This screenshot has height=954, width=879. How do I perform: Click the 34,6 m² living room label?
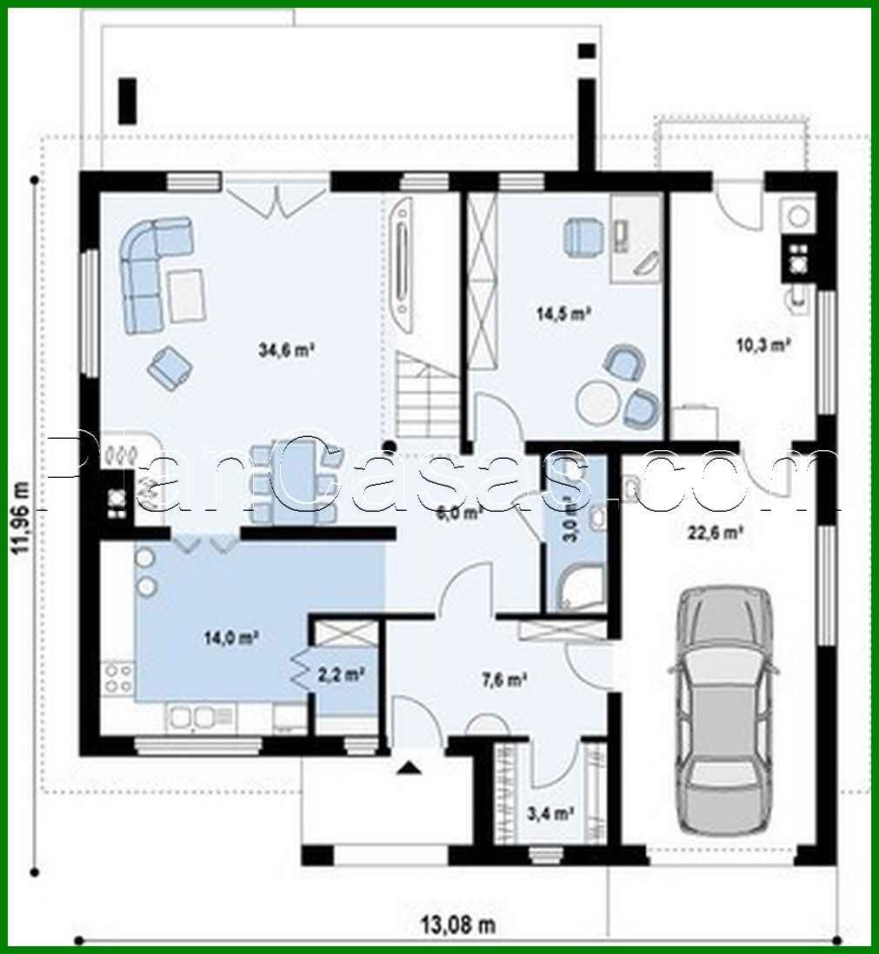pyautogui.click(x=286, y=350)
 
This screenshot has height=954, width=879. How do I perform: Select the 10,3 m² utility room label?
pyautogui.click(x=762, y=344)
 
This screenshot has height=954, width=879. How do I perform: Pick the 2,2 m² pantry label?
pyautogui.click(x=340, y=672)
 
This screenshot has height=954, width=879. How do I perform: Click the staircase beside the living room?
pyautogui.click(x=426, y=400)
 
